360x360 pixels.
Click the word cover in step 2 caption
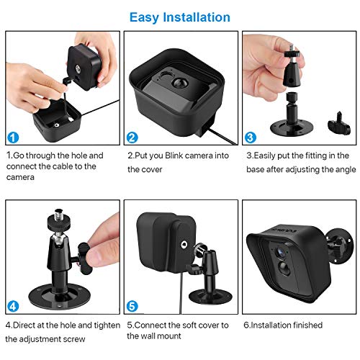tap(140, 170)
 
